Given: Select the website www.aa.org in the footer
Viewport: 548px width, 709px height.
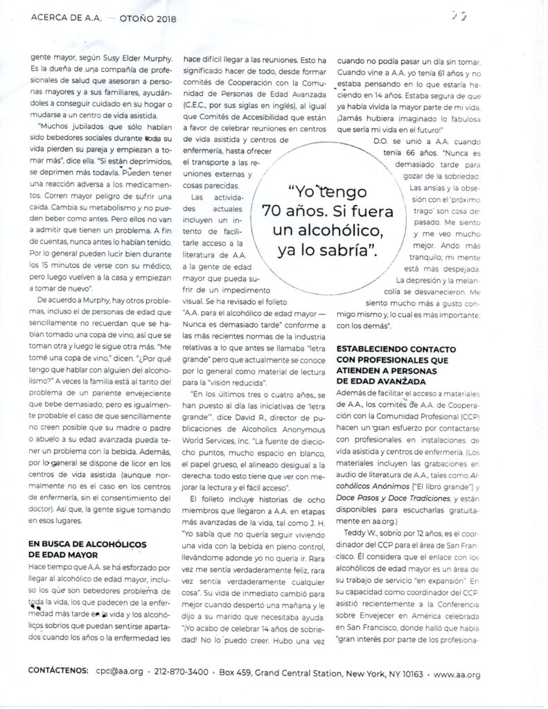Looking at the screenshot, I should coord(458,672).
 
